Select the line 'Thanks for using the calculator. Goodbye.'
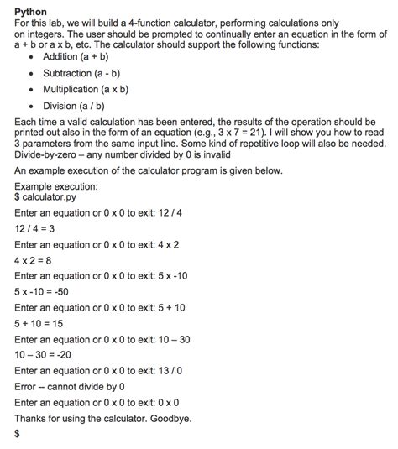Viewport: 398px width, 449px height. point(108,418)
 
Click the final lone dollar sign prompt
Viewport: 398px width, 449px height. point(18,435)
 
